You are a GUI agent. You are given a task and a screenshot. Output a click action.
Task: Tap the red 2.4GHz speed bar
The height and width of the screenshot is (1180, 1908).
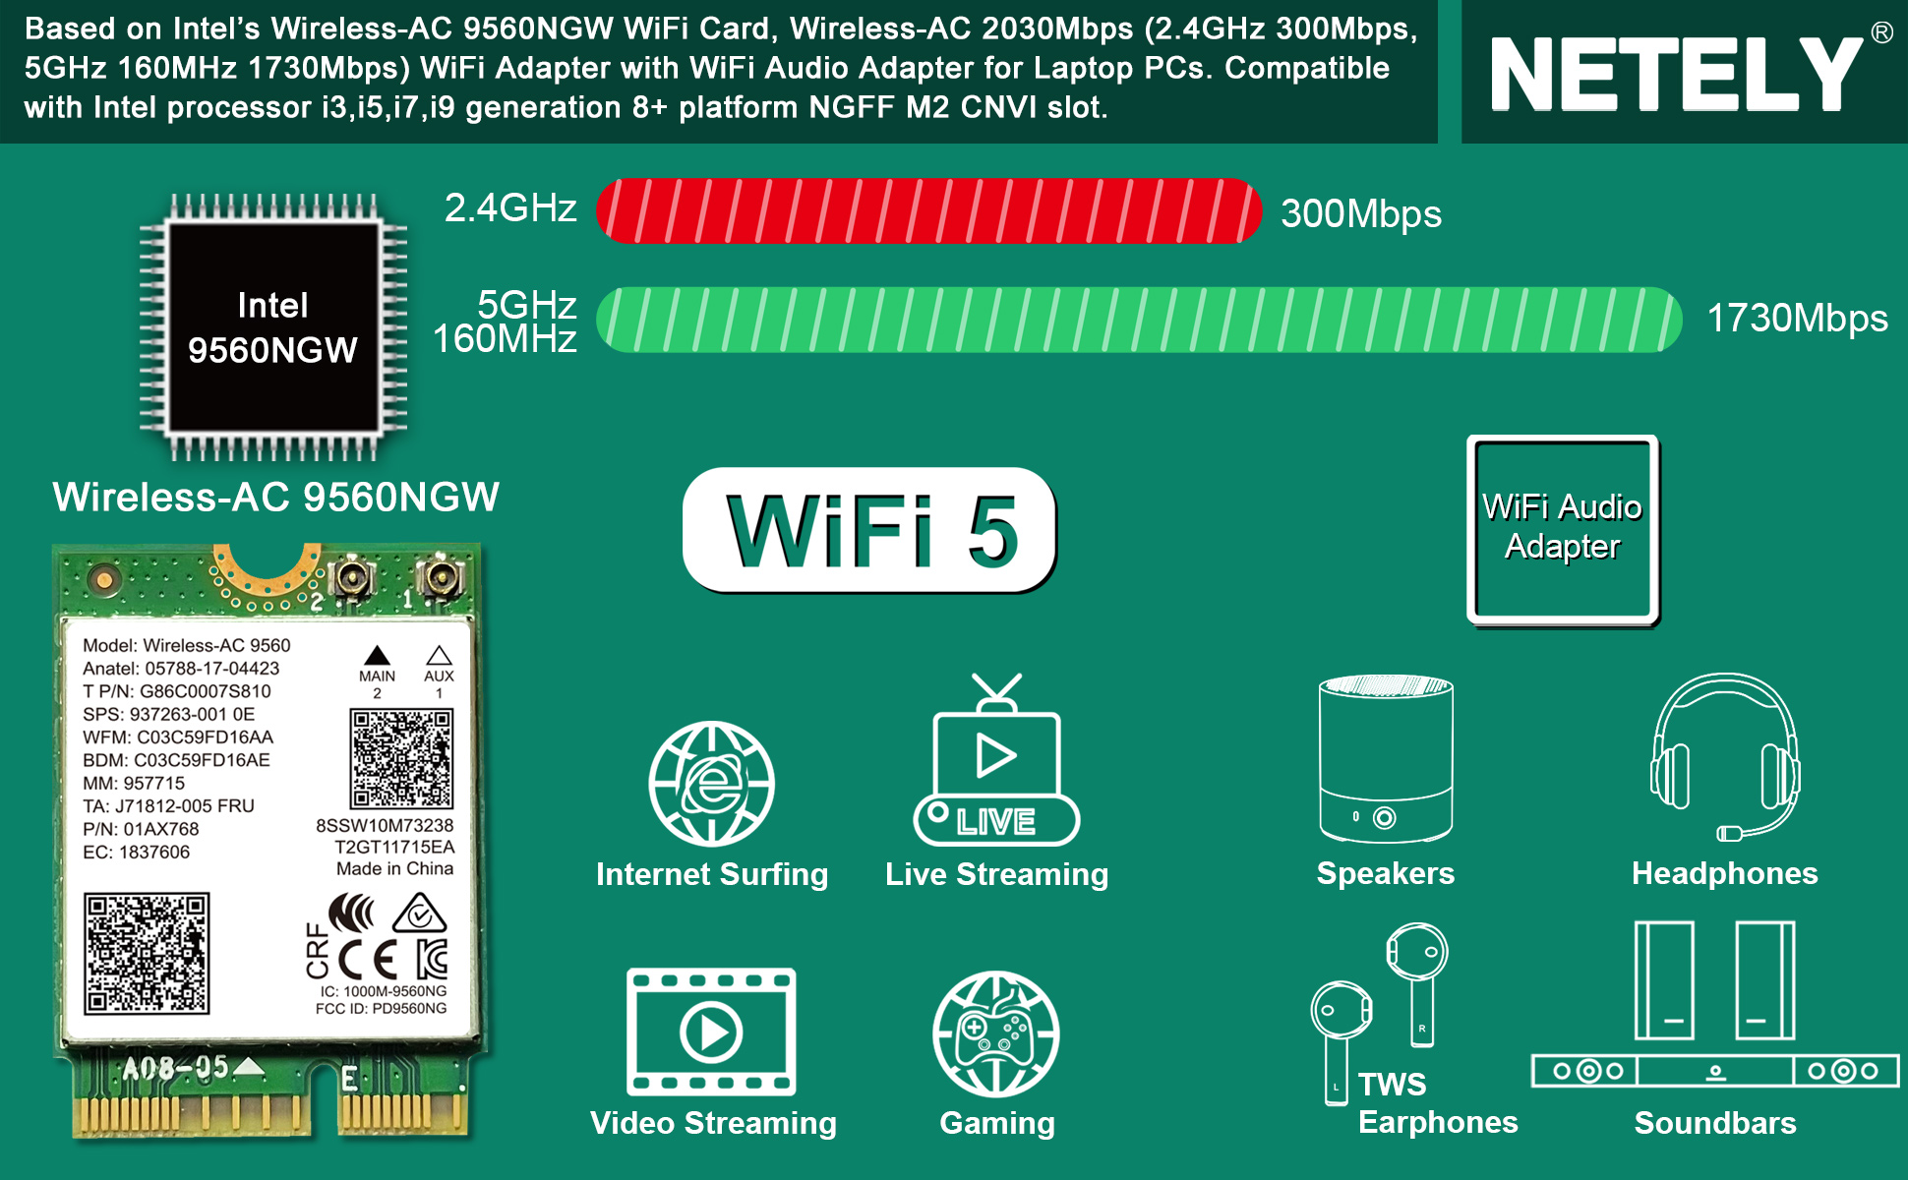(x=928, y=210)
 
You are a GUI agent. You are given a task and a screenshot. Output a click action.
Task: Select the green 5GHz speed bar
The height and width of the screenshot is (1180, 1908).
(x=1140, y=320)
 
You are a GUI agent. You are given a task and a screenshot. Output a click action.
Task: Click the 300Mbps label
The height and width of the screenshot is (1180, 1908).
(x=1361, y=213)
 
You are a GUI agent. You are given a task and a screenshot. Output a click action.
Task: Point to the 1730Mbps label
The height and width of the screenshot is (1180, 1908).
(x=1797, y=318)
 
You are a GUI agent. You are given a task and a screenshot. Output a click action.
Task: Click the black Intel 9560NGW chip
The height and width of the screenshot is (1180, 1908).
(x=273, y=327)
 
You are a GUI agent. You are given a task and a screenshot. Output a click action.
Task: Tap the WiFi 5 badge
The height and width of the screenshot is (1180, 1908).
(x=869, y=530)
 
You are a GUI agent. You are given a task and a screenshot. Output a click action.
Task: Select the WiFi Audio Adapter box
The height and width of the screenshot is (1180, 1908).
(x=1563, y=530)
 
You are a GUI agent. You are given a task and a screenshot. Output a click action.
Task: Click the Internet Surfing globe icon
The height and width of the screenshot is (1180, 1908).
(x=711, y=784)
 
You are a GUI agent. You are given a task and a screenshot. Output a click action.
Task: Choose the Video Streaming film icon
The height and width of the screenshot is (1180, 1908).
(x=711, y=1032)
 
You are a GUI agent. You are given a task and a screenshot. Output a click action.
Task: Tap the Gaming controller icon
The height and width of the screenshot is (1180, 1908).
(x=996, y=1033)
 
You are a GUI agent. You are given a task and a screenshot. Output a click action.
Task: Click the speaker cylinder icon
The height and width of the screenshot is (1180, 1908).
(x=1386, y=758)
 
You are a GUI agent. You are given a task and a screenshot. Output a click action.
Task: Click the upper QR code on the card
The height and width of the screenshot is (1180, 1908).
(x=401, y=758)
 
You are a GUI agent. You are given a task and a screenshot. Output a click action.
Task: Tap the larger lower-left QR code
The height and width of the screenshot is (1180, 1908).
(x=147, y=953)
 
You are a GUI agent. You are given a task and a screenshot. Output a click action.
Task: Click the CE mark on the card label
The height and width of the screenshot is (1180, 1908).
(x=368, y=959)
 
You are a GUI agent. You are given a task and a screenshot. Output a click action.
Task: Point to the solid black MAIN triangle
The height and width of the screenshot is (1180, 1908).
(x=377, y=656)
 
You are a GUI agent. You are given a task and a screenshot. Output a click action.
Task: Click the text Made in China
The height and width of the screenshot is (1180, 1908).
(x=394, y=868)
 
